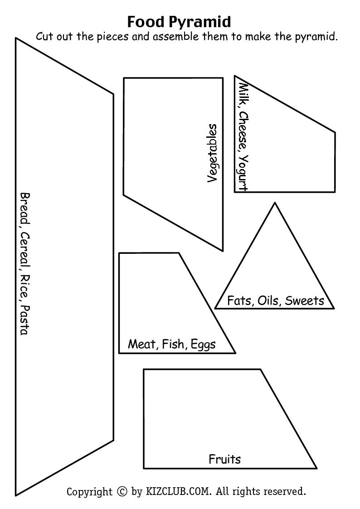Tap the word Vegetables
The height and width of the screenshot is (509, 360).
coord(212,154)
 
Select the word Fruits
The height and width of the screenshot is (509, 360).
coord(224,459)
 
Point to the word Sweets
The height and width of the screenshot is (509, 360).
coord(304,301)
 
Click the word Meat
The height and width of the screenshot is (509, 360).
coord(142,344)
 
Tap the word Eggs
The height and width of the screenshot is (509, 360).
coord(203,344)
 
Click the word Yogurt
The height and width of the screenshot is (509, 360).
coord(243,173)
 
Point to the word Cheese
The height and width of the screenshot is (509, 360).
coord(243,131)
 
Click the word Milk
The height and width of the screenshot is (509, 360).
coord(243,95)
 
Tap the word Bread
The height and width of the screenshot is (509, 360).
coord(24,209)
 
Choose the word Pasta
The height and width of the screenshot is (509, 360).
coord(24,320)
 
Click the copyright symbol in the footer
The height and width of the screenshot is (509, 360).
coord(122,491)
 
